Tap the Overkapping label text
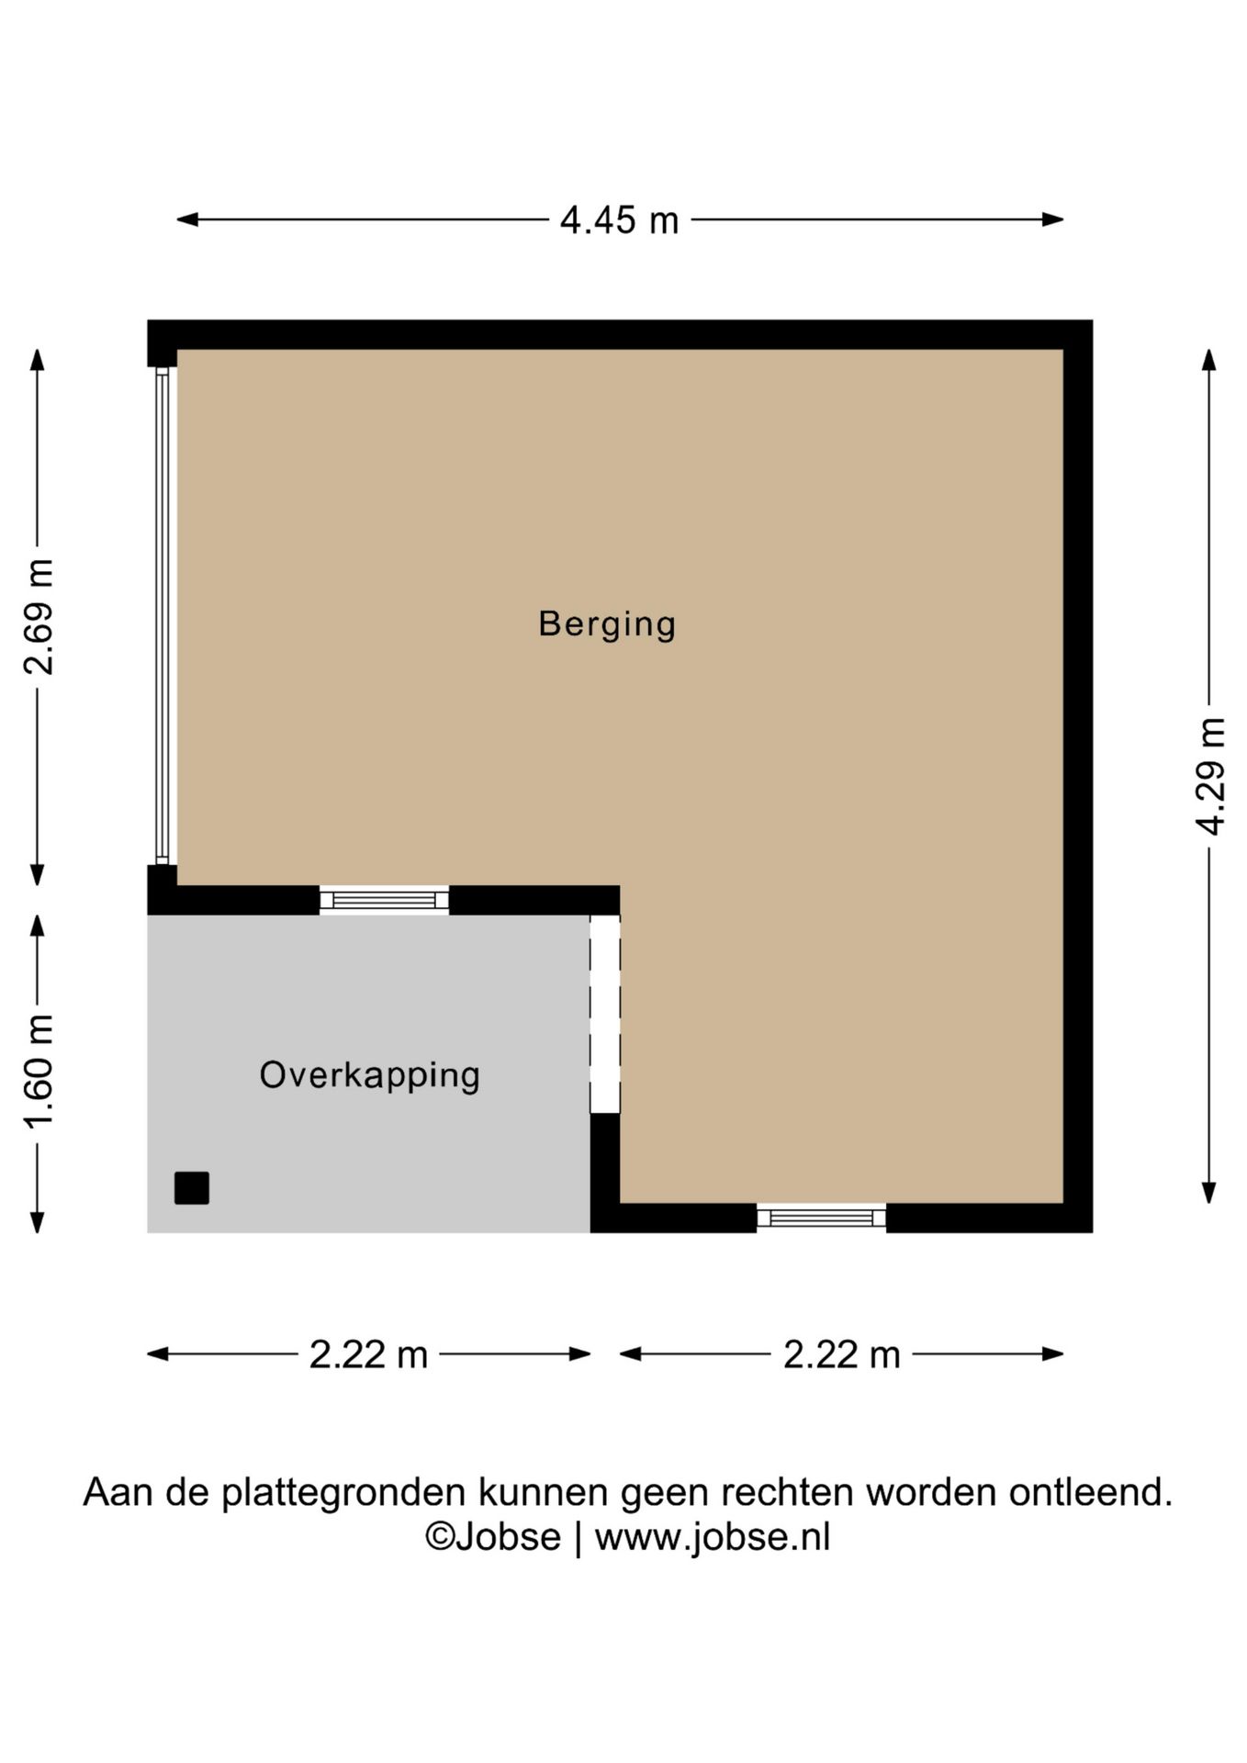click(x=369, y=1075)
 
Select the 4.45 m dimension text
click(x=620, y=220)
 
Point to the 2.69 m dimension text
click(x=39, y=616)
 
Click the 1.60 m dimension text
click(x=39, y=1072)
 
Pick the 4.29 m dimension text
click(x=1210, y=776)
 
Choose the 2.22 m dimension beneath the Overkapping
click(x=368, y=1354)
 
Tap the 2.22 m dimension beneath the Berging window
click(x=842, y=1354)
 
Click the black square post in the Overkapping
click(x=192, y=1188)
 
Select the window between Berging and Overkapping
click(x=384, y=900)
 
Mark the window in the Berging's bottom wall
click(x=821, y=1218)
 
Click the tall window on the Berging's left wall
click(x=163, y=616)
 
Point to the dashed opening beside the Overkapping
click(x=605, y=1014)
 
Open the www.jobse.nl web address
click(x=713, y=1537)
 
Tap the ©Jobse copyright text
click(x=492, y=1537)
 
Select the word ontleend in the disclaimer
click(x=1091, y=1492)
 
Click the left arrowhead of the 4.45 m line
click(x=187, y=219)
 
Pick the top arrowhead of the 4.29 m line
click(x=1209, y=360)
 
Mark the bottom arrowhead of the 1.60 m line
click(x=38, y=1222)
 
